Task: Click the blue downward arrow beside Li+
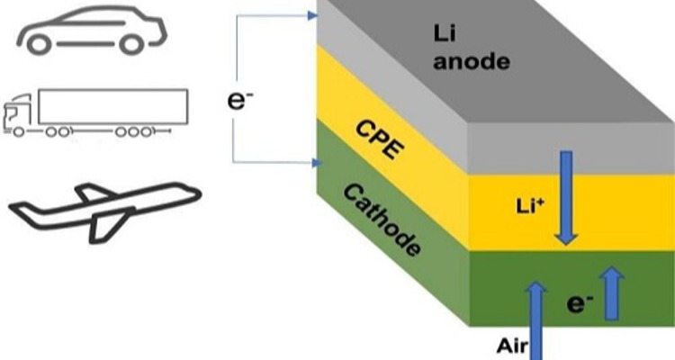567,198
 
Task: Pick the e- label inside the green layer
579,303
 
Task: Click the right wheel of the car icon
130,43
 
